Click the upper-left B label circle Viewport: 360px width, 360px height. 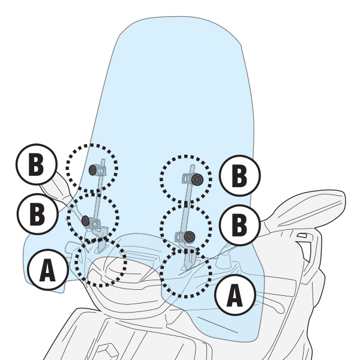(x=36, y=164)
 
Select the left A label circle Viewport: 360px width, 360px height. (x=47, y=270)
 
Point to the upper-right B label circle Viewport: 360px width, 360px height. (x=239, y=176)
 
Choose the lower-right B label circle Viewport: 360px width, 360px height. (x=239, y=226)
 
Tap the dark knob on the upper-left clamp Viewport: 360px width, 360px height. (x=92, y=170)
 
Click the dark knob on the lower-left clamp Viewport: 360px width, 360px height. (x=86, y=221)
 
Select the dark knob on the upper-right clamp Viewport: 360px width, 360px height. (x=197, y=179)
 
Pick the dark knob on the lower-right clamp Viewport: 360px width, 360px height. (x=190, y=236)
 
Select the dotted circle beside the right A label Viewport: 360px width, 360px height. (x=186, y=272)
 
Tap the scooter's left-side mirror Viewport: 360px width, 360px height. (x=57, y=186)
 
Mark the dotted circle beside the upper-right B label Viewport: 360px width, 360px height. (x=186, y=179)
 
